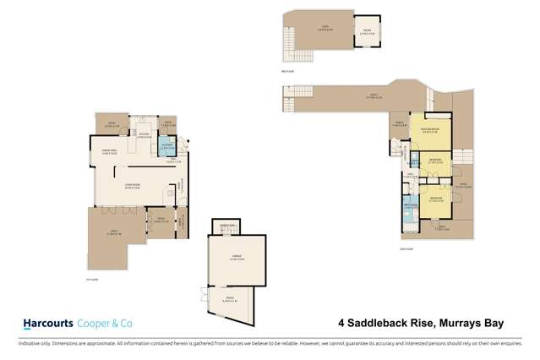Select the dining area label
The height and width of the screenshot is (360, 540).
click(x=108, y=153)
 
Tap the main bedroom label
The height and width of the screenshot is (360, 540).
click(x=431, y=131)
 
